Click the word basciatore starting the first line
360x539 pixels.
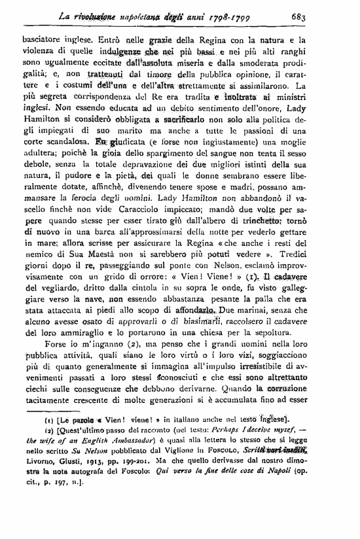(42, 39)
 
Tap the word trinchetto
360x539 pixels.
(286, 234)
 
